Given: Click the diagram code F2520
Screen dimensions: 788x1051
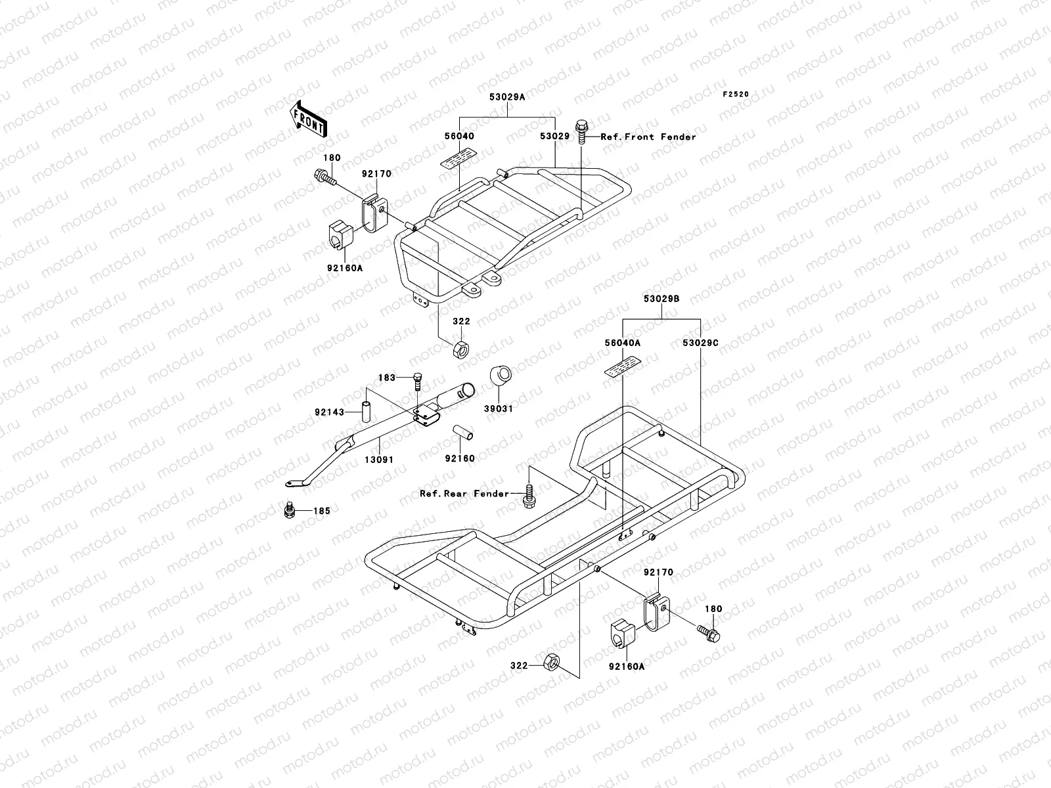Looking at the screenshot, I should [736, 95].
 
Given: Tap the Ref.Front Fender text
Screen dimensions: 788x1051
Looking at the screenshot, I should [648, 137].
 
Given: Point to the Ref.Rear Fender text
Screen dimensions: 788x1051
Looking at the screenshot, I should [464, 494].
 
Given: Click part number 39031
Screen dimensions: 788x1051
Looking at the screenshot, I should [499, 408].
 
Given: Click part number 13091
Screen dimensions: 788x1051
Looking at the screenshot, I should [379, 459].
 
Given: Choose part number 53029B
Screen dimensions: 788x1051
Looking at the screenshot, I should [662, 299].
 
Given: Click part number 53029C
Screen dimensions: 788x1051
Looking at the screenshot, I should [700, 343].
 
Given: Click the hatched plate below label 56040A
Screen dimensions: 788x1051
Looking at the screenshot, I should [622, 368].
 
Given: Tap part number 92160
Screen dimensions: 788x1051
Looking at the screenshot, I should [459, 458].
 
